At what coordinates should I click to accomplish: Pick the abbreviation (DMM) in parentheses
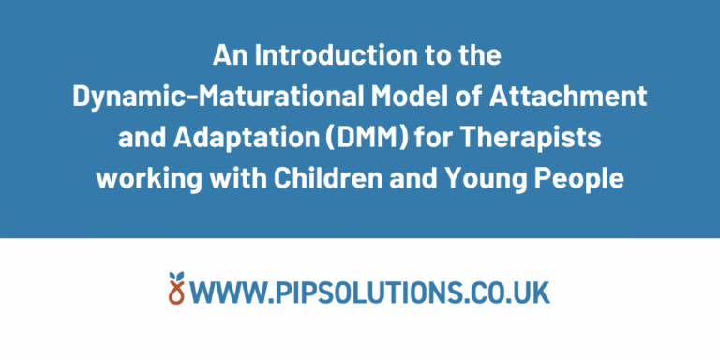pyautogui.click(x=327, y=138)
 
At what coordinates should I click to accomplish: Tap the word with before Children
pyautogui.click(x=243, y=178)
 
